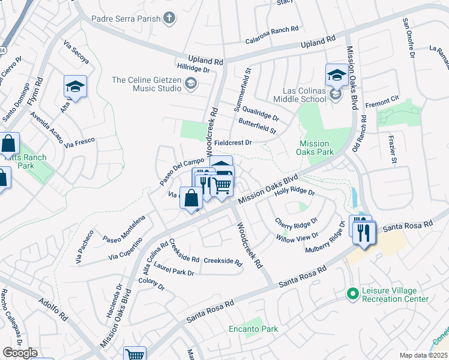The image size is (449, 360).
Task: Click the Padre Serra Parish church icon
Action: [170, 19]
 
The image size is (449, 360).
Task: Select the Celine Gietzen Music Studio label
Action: [146, 84]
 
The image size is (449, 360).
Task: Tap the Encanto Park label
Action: [253, 329]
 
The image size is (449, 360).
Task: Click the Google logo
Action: [20, 353]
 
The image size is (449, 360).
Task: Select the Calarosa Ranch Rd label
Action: [272, 29]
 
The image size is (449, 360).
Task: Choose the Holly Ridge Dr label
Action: [294, 192]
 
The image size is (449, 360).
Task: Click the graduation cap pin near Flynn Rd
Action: [76, 86]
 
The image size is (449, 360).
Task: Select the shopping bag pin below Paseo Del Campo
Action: [191, 197]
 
